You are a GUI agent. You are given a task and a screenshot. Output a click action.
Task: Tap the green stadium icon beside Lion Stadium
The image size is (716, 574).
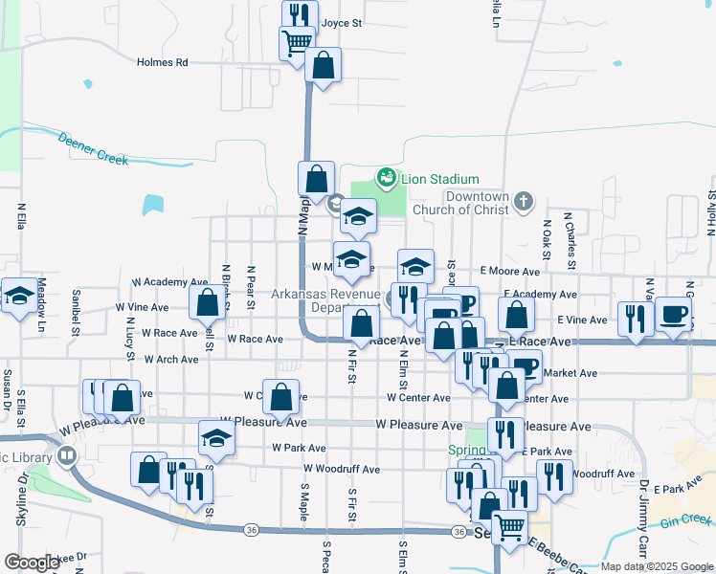click(386, 177)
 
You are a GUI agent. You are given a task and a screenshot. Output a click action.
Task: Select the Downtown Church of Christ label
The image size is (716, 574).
click(460, 203)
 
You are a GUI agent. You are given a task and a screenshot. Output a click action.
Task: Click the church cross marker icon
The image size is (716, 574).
click(522, 201)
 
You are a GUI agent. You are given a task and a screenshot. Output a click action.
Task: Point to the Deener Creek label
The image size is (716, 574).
click(93, 149)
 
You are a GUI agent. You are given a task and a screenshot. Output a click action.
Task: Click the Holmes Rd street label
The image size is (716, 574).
click(162, 62)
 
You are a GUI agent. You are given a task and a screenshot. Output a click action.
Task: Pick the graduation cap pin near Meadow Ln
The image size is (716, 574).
click(18, 297)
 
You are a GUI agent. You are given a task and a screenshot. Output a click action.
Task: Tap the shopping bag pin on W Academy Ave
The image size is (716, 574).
click(207, 302)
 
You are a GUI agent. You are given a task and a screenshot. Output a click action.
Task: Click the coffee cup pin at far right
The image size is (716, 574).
click(674, 314)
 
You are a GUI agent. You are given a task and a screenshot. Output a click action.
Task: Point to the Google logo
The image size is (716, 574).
click(32, 563)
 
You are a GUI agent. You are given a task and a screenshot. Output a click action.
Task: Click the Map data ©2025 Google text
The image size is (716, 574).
click(656, 566)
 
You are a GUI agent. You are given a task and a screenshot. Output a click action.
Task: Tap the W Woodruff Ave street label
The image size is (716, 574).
click(342, 469)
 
